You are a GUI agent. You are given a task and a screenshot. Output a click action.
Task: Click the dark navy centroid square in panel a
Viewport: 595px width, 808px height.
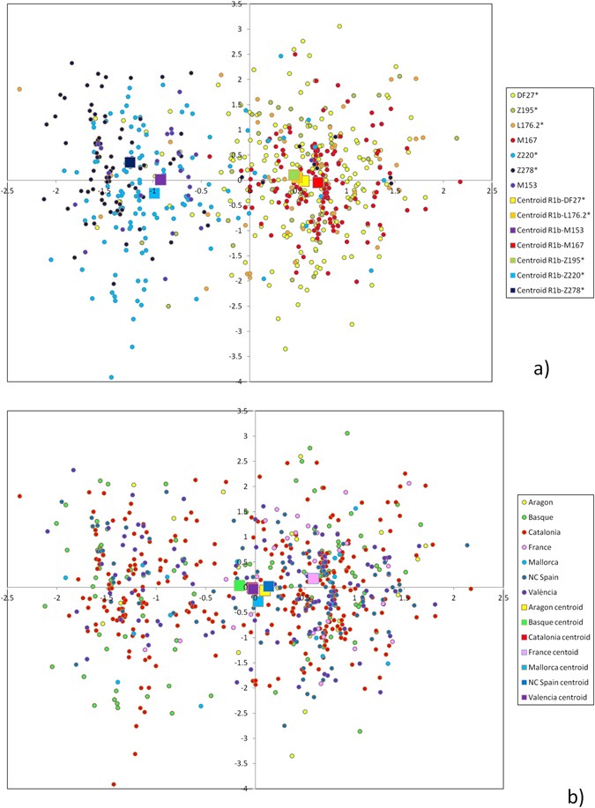click(130, 162)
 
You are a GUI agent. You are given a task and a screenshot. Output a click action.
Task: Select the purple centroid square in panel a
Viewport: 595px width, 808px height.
click(160, 180)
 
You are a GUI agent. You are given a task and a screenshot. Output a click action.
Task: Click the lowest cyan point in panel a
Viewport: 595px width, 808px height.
click(111, 377)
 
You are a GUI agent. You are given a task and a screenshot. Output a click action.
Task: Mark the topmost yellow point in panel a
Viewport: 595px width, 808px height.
click(339, 26)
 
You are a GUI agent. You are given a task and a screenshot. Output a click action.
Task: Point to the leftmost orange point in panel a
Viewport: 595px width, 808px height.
click(19, 89)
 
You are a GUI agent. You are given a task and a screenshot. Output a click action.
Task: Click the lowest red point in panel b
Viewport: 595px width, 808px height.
click(114, 784)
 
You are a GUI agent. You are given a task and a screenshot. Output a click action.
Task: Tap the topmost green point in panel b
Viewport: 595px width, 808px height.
click(347, 434)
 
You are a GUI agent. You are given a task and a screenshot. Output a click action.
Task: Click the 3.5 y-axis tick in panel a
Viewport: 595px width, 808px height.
click(236, 4)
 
